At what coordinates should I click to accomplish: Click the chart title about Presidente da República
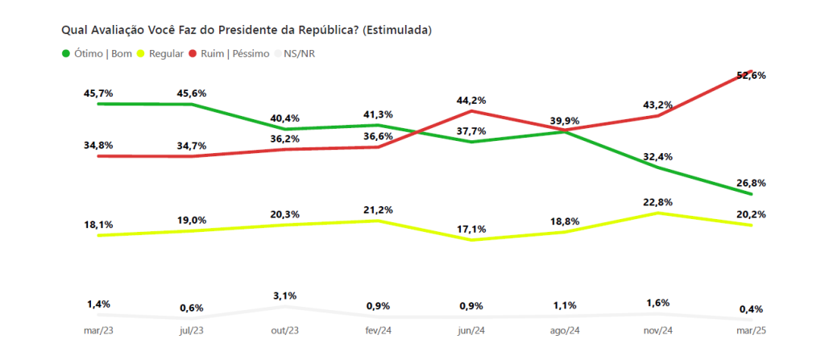point(247,30)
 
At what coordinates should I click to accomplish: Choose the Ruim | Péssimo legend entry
point(229,54)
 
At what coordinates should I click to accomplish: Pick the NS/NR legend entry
point(301,54)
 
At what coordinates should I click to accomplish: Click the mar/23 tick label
point(98,331)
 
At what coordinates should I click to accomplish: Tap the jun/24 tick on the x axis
point(471,331)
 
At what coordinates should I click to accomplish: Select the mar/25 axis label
point(751,331)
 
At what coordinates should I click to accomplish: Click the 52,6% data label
point(751,75)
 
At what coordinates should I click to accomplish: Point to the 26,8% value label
point(751,183)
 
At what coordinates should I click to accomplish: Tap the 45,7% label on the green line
point(98,93)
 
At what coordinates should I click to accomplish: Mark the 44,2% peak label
point(471,101)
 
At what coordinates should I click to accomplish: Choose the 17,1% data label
point(471,230)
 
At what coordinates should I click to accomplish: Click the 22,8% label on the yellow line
point(658,202)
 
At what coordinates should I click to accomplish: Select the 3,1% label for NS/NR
point(284,296)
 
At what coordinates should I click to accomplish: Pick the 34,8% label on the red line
point(98,145)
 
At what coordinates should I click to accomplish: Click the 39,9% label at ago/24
point(565,121)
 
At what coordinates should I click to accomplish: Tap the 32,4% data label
point(658,156)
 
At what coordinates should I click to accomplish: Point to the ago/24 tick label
point(565,331)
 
